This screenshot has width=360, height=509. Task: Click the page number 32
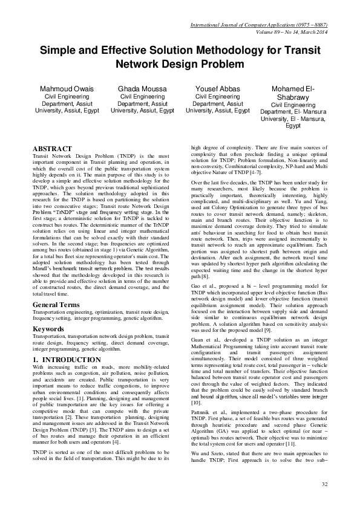pos(324,485)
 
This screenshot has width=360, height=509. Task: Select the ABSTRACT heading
pos(52,149)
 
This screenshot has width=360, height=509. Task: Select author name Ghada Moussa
pos(143,89)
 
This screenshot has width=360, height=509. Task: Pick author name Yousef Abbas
pos(218,89)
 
